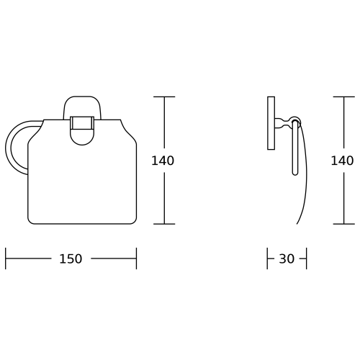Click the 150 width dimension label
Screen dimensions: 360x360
tap(71, 258)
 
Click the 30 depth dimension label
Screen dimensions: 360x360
tap(287, 258)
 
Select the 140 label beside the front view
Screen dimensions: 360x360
tap(163, 161)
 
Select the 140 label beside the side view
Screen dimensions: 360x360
tap(342, 161)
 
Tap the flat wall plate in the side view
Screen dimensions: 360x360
tap(271, 123)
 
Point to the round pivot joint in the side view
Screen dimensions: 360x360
tap(295, 122)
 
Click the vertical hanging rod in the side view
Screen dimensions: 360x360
tap(295, 148)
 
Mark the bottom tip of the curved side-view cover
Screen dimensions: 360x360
tap(297, 224)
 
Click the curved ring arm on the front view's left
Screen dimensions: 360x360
tap(9, 147)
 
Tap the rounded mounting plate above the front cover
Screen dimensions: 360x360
tap(82, 107)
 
